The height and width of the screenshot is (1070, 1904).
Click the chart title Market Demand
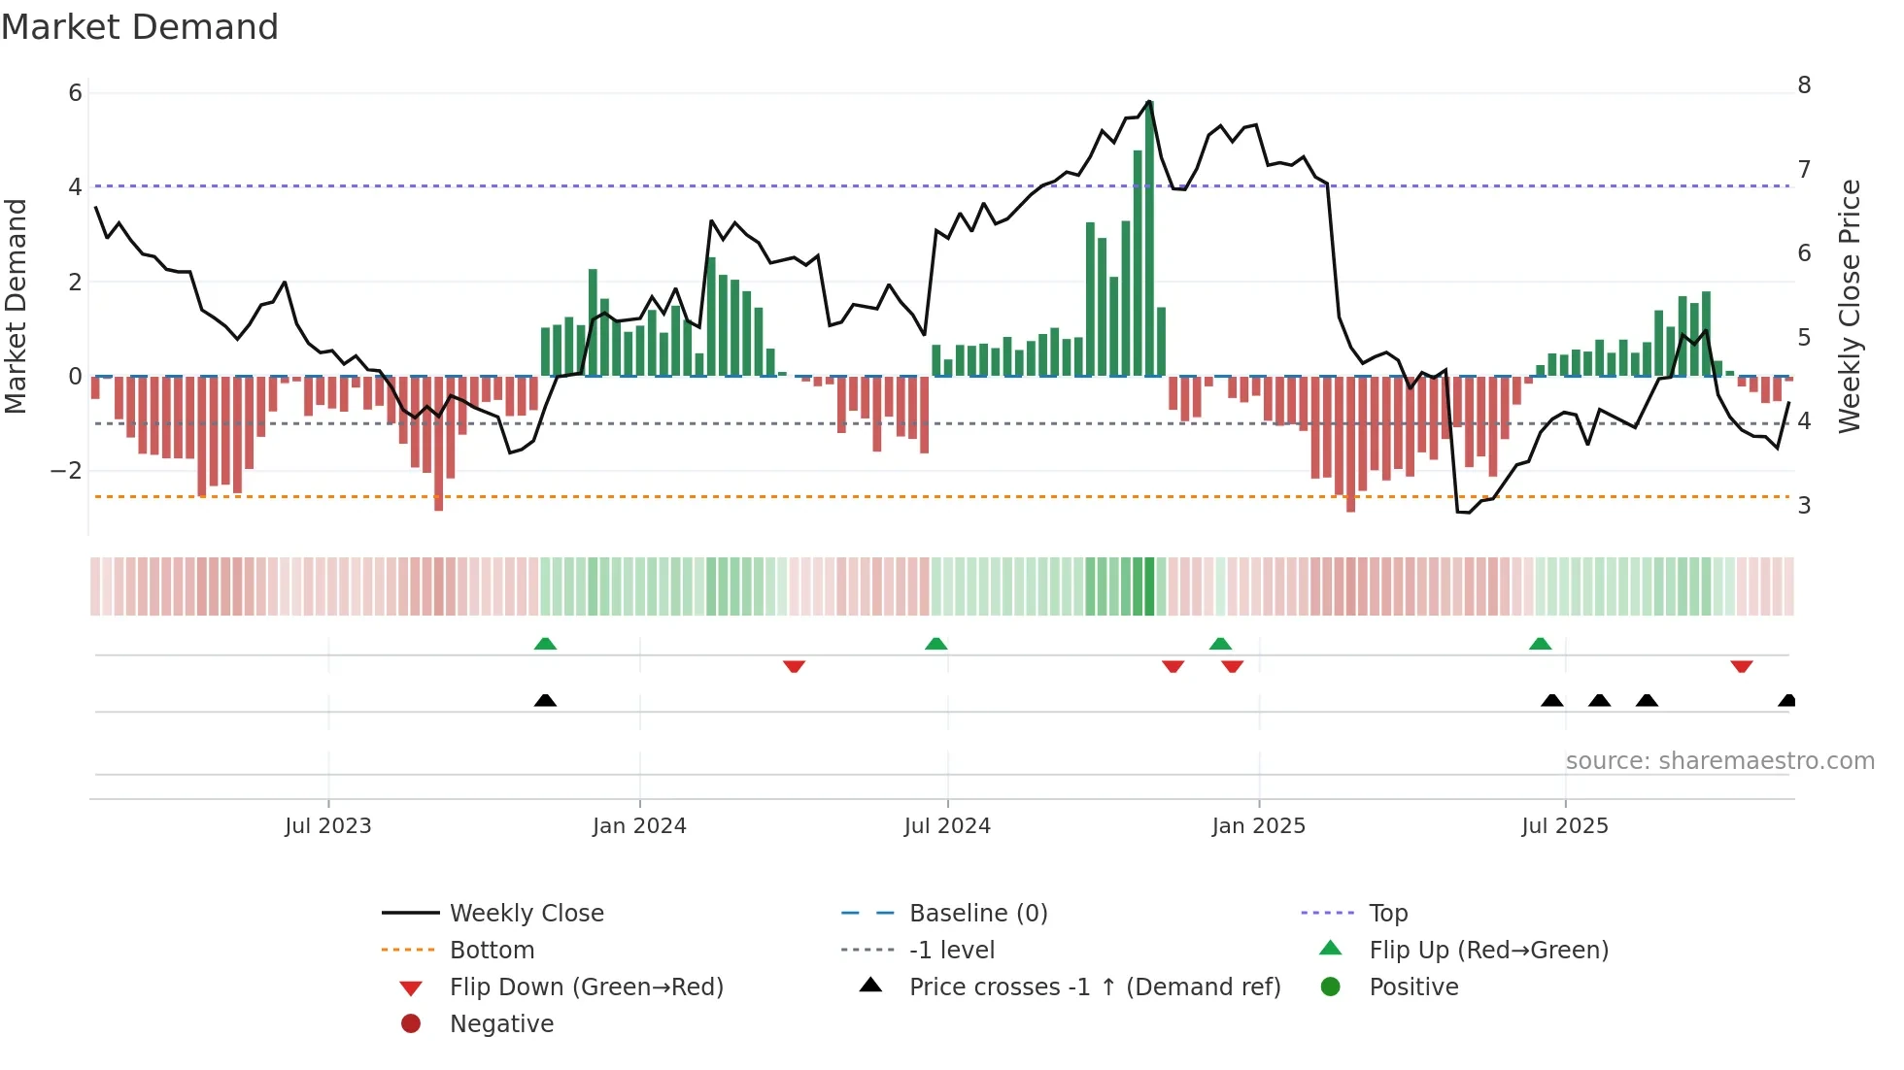tap(140, 27)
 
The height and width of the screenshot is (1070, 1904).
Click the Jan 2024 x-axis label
tap(639, 826)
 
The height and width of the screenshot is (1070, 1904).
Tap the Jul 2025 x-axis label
tap(1564, 826)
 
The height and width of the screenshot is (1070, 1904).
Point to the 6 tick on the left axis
tap(75, 93)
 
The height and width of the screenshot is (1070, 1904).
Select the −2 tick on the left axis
tap(67, 471)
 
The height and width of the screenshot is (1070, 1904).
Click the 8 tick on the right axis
tap(1804, 85)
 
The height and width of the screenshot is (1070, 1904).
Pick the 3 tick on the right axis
tap(1804, 506)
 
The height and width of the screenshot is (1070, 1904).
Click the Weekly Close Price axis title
tap(1850, 306)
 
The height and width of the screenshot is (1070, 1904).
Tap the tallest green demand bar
tap(1150, 238)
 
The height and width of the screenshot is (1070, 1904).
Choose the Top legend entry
tap(1388, 914)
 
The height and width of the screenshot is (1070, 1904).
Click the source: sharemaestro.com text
tap(1719, 761)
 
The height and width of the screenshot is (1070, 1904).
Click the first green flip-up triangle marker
tap(545, 644)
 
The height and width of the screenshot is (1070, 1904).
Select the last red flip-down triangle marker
tap(1741, 666)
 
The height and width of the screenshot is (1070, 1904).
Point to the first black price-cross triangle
tap(545, 700)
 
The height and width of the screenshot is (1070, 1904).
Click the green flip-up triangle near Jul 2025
tap(1540, 644)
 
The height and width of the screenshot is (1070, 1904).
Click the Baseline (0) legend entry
tap(977, 914)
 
